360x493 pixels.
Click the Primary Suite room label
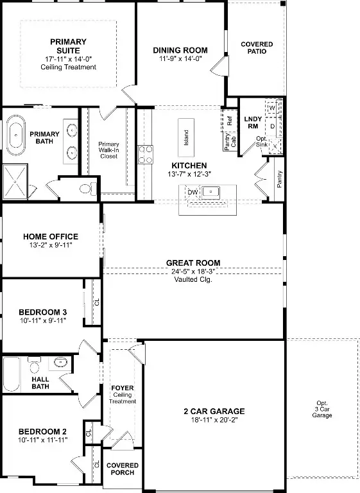point(68,47)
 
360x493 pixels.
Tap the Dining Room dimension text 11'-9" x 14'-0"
point(180,58)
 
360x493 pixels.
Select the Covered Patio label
point(257,48)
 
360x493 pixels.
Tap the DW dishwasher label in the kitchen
point(192,192)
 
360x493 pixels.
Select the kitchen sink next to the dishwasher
point(210,192)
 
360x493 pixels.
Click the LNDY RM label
point(252,122)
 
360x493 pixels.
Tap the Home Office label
point(50,237)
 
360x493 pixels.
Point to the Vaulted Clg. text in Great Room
point(193,279)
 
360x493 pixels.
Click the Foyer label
point(122,388)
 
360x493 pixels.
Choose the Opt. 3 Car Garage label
point(322,411)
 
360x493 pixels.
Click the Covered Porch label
point(122,469)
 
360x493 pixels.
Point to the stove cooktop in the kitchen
point(146,153)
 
